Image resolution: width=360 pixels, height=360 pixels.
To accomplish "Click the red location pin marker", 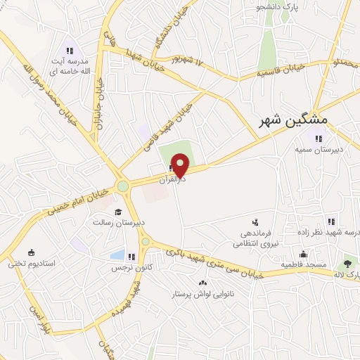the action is (181, 165).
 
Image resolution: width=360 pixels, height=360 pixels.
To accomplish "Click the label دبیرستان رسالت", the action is (118, 222).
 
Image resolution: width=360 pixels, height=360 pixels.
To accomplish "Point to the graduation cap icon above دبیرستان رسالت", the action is (118, 212).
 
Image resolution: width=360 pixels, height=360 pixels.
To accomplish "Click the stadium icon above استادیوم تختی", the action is (31, 252).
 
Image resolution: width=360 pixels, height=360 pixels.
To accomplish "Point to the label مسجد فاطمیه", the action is (302, 264).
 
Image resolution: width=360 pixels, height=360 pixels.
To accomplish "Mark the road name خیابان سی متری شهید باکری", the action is (211, 262).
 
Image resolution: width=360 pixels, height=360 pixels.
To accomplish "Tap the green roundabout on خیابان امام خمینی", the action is (123, 186).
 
